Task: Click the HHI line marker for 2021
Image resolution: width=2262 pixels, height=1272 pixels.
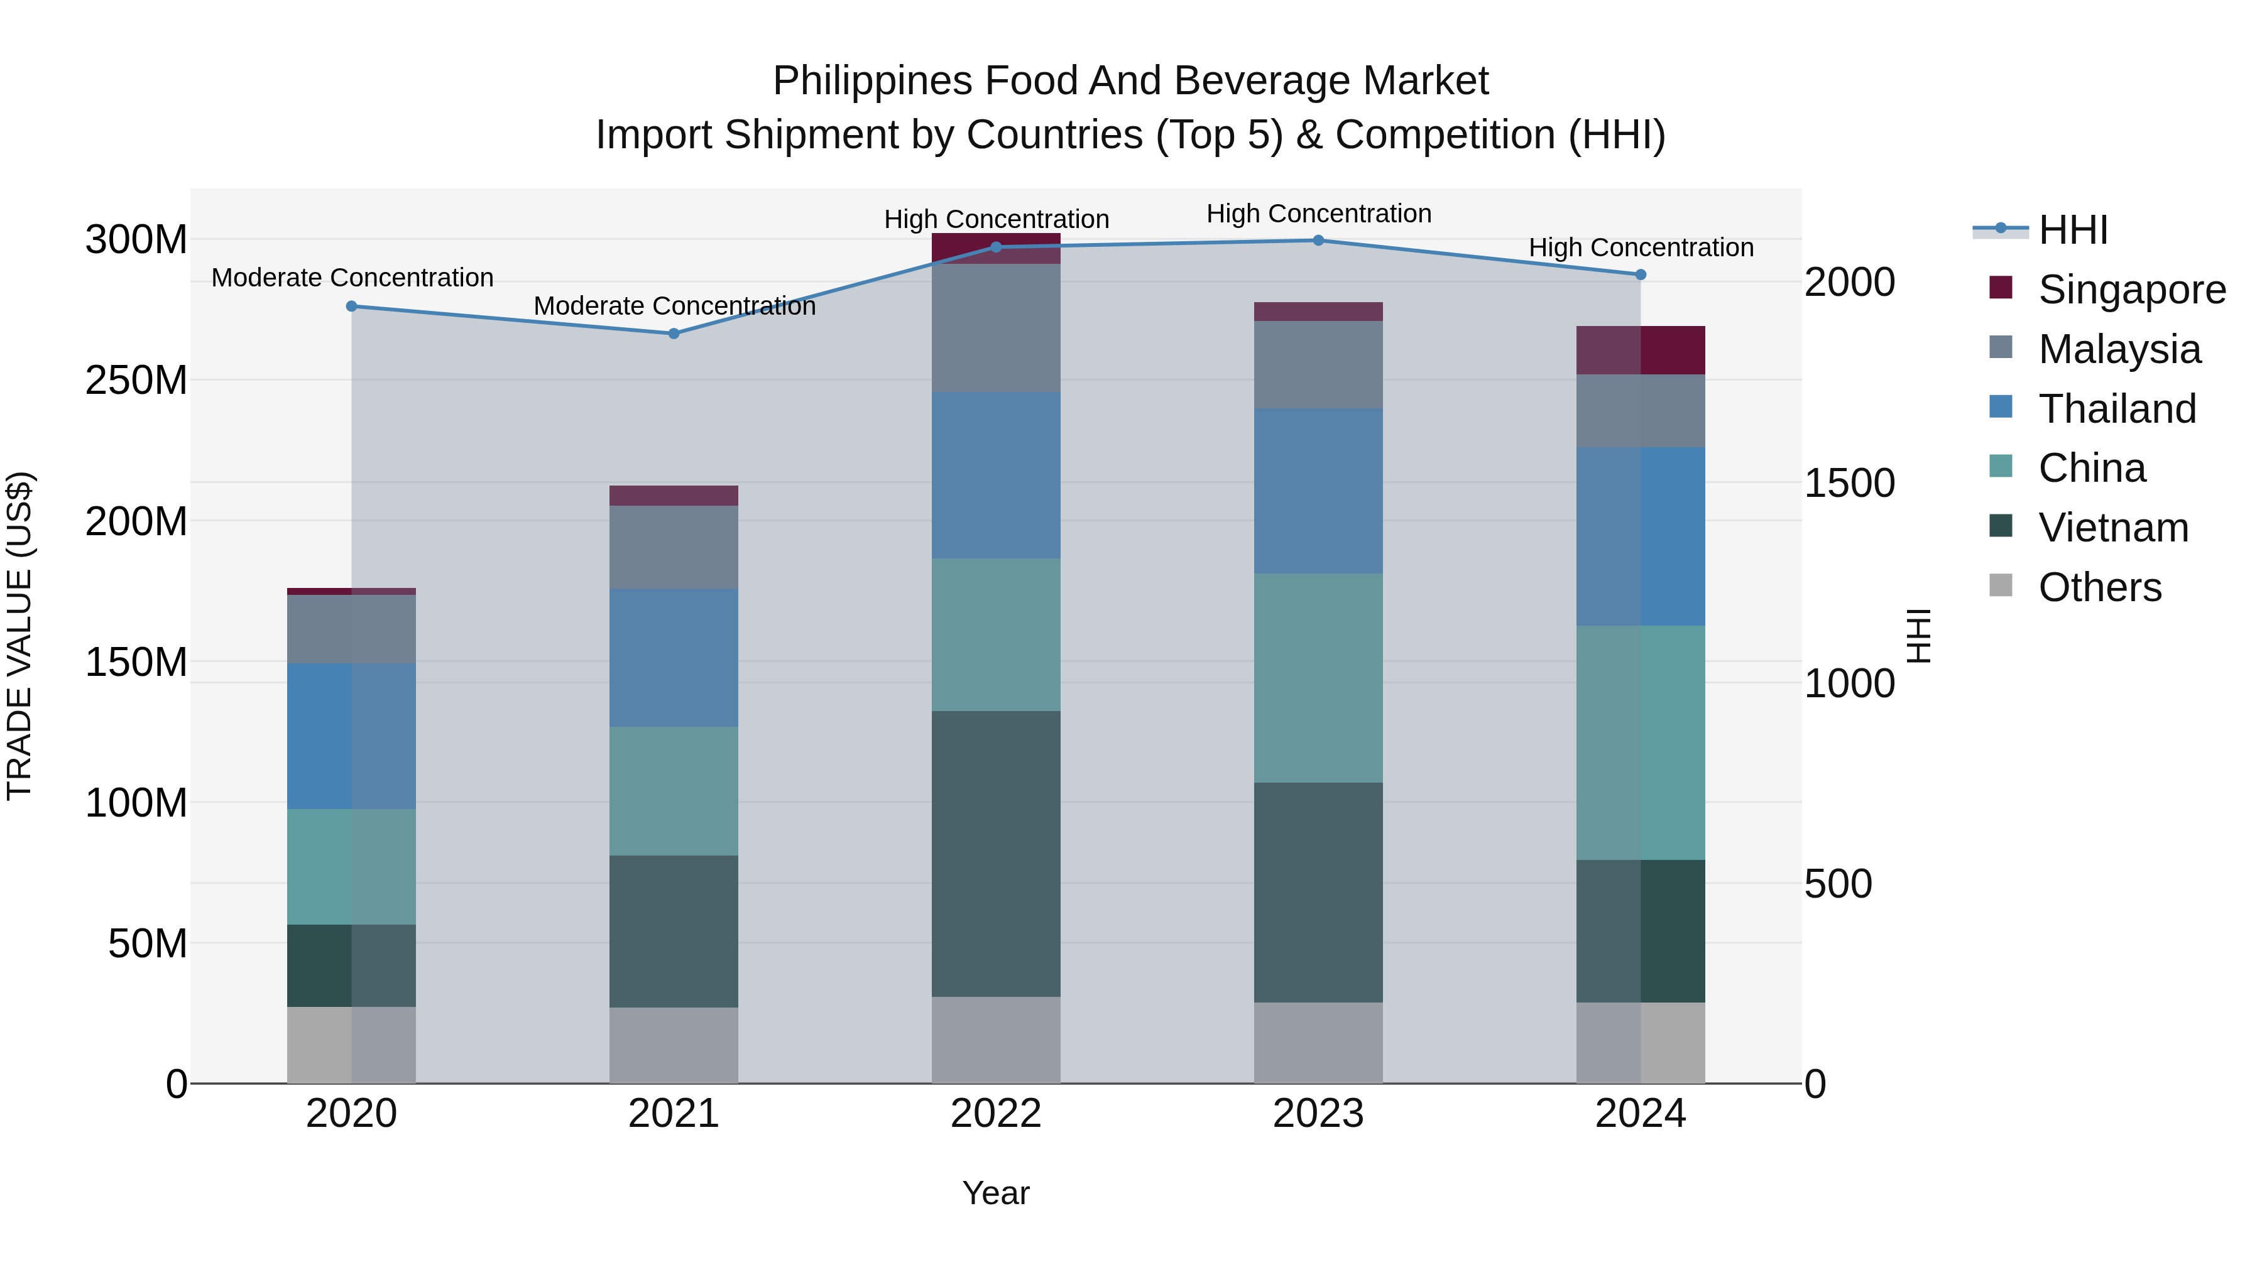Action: coord(674,334)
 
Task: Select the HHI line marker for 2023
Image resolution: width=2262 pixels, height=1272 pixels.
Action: coord(1318,241)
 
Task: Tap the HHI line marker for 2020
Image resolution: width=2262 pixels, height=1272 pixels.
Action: coord(351,307)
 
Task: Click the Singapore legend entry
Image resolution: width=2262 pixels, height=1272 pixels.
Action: coord(2131,290)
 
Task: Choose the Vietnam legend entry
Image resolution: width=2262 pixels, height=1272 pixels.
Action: coord(2112,528)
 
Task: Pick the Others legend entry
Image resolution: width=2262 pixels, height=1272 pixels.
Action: coord(2099,587)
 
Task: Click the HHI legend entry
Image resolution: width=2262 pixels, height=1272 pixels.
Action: coord(2072,230)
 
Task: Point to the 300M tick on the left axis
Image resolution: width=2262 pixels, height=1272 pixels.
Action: coord(136,240)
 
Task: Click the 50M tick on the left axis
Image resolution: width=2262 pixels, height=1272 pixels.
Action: coord(148,943)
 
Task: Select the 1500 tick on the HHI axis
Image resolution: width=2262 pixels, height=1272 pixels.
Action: coord(1849,483)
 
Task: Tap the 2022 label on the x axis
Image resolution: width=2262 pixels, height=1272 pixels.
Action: coord(996,1114)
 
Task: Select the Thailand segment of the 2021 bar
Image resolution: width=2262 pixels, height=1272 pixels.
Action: coord(674,658)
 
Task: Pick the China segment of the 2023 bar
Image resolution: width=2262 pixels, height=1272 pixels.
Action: coord(1318,678)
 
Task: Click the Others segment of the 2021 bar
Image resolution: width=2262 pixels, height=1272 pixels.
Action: coord(674,1045)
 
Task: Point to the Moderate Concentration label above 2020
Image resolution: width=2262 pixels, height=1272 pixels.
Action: coord(352,278)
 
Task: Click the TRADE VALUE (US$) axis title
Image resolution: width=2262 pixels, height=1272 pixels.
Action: coord(19,636)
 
